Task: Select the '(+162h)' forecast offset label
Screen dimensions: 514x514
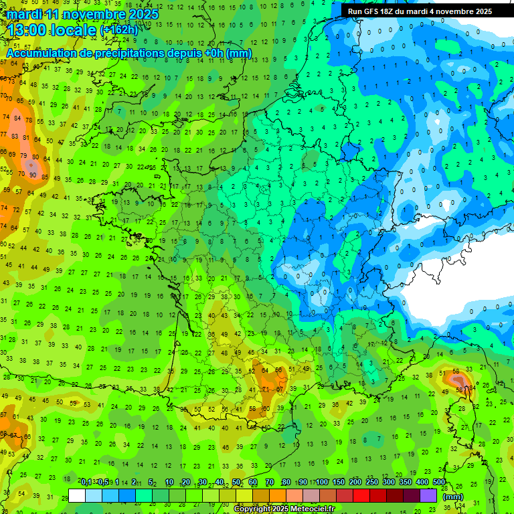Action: (119, 30)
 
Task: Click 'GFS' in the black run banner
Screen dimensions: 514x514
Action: (375, 11)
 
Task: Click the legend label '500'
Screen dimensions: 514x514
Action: (439, 483)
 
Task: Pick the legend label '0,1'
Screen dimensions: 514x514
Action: (86, 483)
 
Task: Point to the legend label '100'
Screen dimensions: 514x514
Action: (322, 483)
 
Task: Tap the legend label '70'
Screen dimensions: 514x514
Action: (270, 483)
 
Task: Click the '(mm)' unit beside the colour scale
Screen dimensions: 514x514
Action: (453, 497)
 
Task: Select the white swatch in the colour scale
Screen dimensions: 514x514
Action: (77, 495)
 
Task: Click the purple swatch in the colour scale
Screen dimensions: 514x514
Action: (428, 495)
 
